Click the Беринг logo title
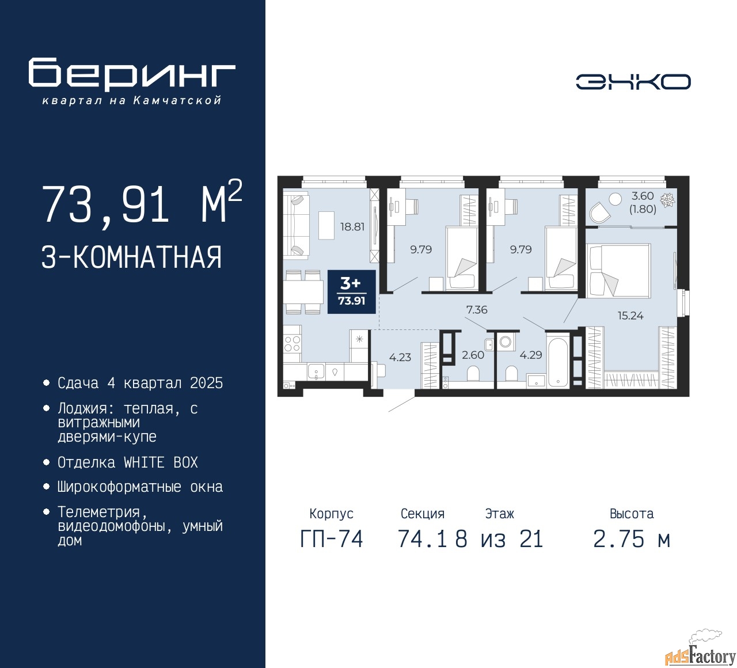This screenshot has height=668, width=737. click(x=131, y=74)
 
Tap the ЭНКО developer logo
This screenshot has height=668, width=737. click(x=633, y=82)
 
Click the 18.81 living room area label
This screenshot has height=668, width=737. click(x=352, y=227)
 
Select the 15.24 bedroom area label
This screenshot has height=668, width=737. click(x=630, y=315)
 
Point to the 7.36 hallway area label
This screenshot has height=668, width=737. click(x=477, y=309)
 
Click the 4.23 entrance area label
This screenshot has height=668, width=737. click(x=400, y=357)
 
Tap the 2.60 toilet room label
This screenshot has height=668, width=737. click(x=473, y=355)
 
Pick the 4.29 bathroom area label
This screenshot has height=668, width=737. click(x=530, y=355)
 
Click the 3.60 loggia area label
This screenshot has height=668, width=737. click(x=643, y=196)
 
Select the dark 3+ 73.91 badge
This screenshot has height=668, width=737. click(x=352, y=292)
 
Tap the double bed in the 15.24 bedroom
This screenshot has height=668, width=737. click(x=618, y=271)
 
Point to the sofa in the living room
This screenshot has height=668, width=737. click(x=296, y=225)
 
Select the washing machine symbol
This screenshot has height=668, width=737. click(x=505, y=341)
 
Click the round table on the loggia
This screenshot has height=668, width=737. click(x=615, y=199)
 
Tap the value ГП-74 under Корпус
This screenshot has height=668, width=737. click(x=332, y=539)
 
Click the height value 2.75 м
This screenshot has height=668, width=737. click(x=631, y=539)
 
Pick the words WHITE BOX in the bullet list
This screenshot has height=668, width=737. click(x=161, y=462)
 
